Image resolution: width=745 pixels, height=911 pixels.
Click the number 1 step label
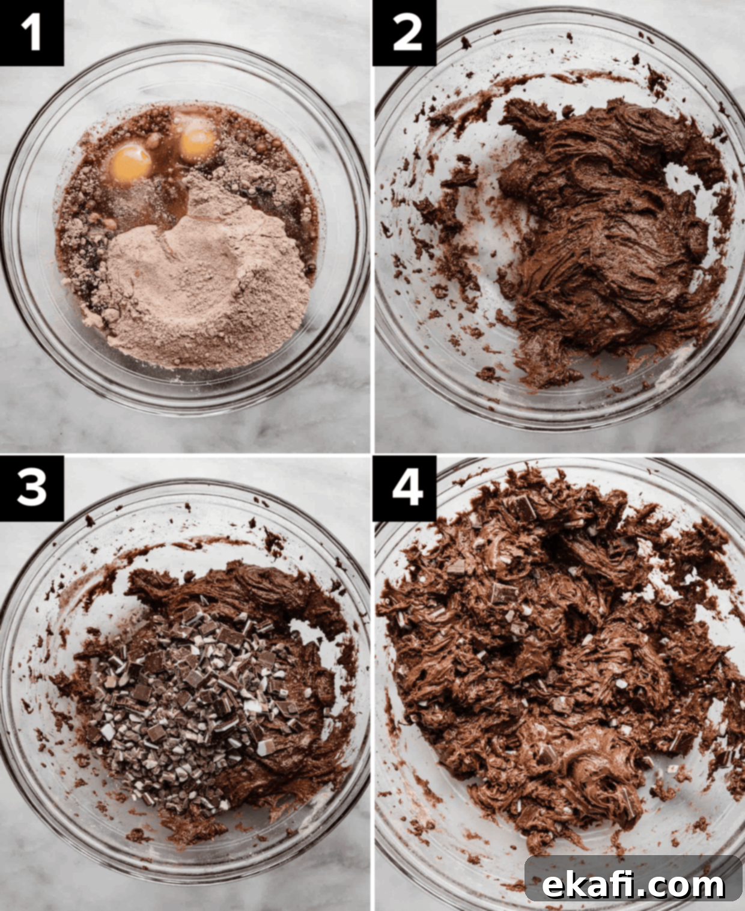point(31,33)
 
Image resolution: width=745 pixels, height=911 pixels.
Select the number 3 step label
point(31,488)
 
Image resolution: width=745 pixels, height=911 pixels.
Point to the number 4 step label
point(408,488)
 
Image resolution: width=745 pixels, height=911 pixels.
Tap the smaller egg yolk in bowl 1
point(198,141)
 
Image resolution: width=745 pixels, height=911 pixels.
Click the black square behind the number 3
point(31,488)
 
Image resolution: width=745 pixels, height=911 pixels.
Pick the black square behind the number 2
point(405,33)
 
